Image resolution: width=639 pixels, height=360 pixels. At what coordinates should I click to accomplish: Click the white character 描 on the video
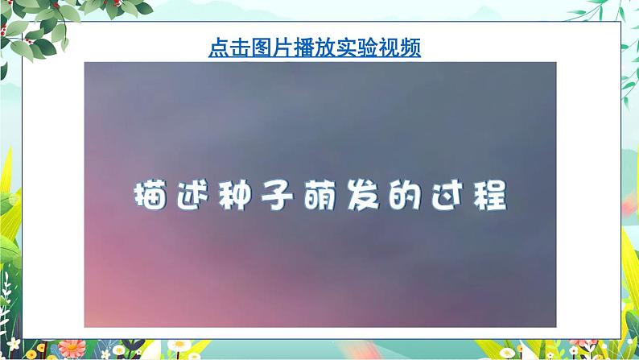point(152,196)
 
